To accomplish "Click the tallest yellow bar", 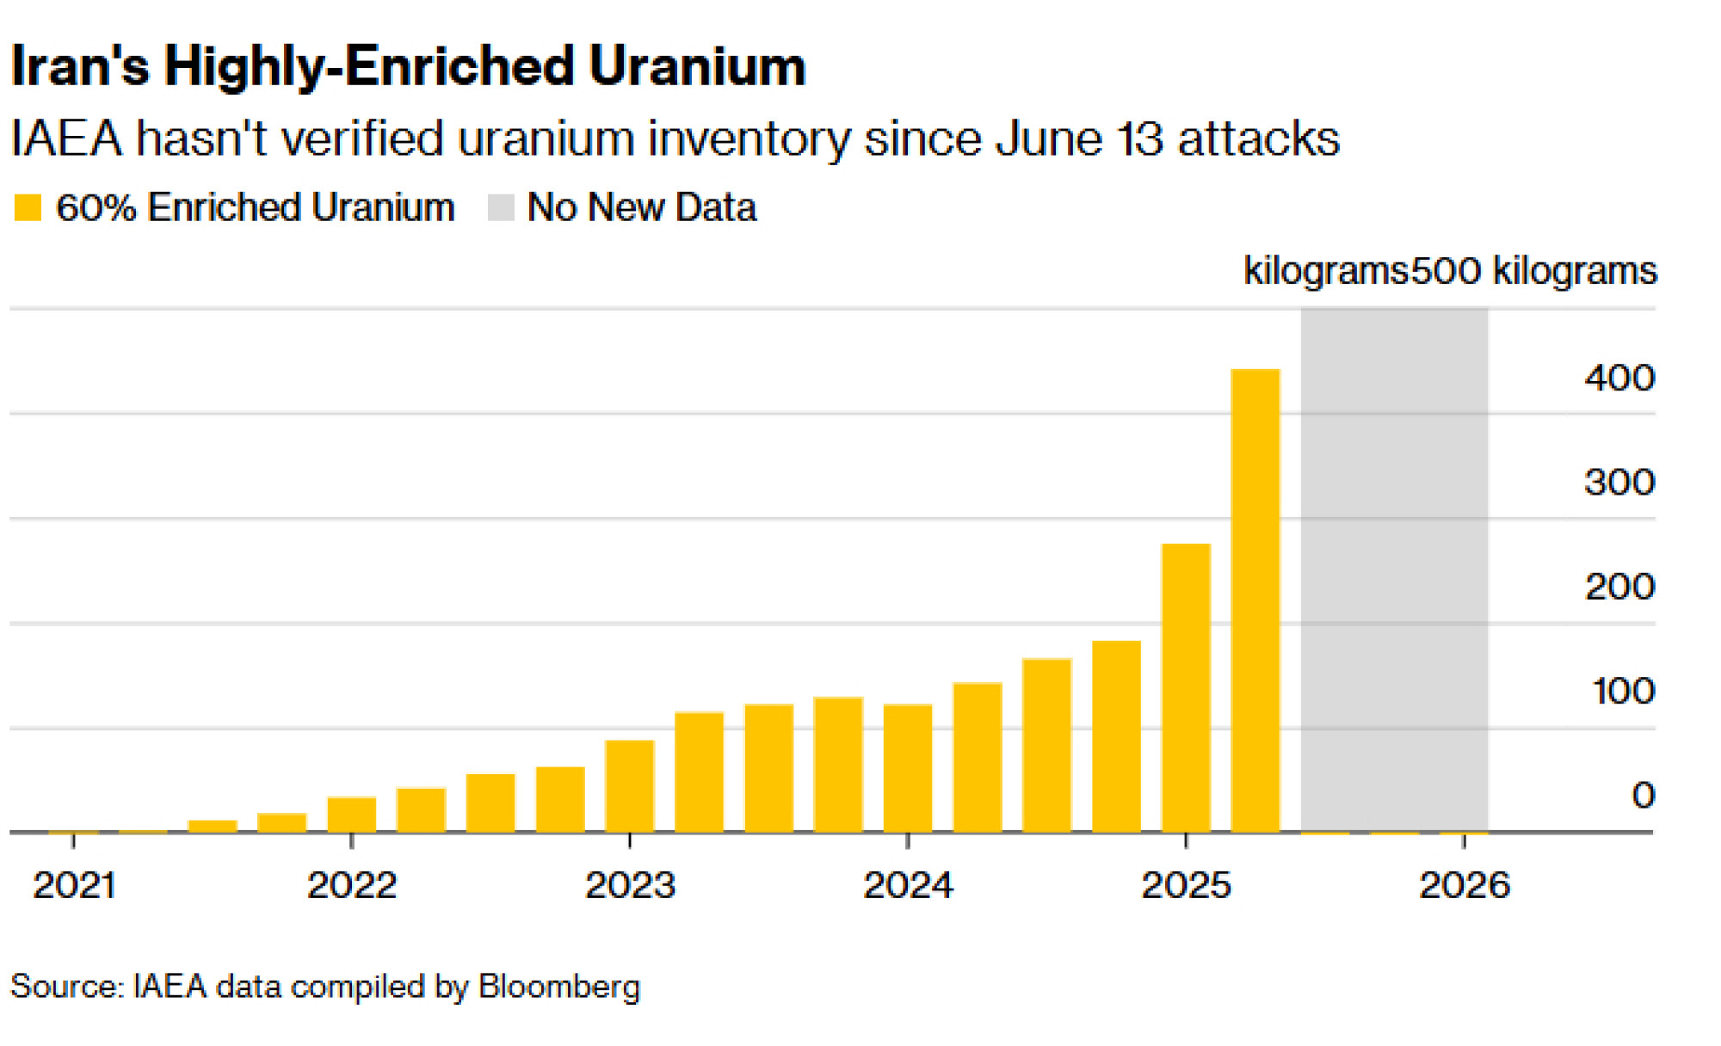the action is coord(1255,600).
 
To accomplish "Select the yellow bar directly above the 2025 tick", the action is coord(1186,688).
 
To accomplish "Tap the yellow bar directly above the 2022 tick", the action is coord(352,815).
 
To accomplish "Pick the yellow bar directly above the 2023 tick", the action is coord(630,786).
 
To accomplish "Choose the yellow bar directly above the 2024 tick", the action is coord(908,768).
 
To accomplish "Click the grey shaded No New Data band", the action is coord(1395,569).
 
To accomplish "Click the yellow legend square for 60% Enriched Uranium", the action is coord(28,207).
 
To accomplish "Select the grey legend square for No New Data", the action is coord(501,207).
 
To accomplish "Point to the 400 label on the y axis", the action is coord(1619,378).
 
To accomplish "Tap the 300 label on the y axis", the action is coord(1619,483).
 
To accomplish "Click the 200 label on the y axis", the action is coord(1619,588).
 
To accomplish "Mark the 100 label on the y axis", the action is coord(1623,692).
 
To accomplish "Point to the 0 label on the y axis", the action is coord(1644,796).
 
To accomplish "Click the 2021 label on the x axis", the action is coord(74,885).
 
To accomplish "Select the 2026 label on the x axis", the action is coord(1465,885).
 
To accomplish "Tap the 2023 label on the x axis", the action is coord(631,885).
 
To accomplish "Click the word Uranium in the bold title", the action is coord(698,66).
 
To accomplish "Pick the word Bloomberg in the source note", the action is coord(559,987).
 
